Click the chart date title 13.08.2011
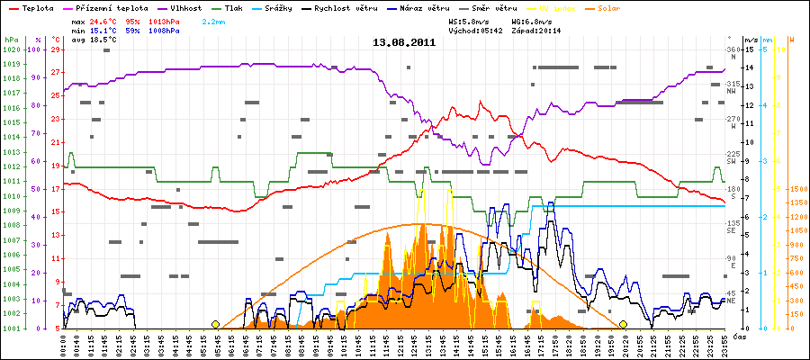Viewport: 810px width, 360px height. [x=405, y=41]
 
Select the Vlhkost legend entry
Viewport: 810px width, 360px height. [x=185, y=7]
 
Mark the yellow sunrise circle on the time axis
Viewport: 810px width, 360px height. [x=215, y=324]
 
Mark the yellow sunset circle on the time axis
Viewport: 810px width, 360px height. [x=623, y=324]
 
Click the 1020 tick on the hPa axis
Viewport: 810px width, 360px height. [x=11, y=49]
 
